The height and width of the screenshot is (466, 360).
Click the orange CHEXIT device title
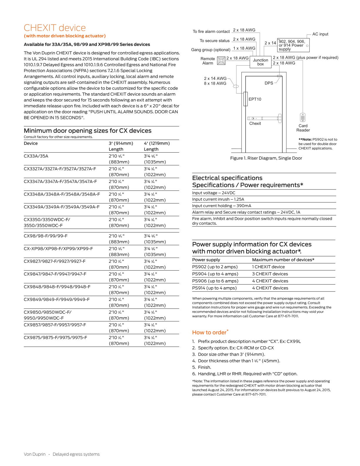[55, 28]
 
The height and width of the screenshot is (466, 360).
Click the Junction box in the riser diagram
[260, 62]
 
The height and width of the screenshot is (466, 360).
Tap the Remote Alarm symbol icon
[221, 61]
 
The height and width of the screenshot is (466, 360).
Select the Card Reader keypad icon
[303, 117]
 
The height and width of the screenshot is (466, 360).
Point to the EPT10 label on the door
[255, 99]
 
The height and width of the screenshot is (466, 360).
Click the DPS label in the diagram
[269, 83]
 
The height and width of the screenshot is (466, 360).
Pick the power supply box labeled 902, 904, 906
[293, 45]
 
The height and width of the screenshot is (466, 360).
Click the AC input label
[320, 34]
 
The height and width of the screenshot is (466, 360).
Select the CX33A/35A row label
[36, 156]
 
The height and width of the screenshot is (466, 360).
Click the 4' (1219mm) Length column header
[157, 146]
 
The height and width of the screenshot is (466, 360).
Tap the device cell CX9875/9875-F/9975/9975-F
[55, 337]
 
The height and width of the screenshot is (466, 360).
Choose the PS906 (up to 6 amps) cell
[215, 281]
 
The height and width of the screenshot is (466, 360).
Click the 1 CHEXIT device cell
[268, 267]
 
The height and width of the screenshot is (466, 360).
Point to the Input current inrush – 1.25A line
[218, 199]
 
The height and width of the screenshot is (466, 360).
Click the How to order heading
[209, 332]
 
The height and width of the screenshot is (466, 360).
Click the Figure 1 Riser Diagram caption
[266, 158]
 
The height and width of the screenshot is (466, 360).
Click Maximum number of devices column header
[283, 260]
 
